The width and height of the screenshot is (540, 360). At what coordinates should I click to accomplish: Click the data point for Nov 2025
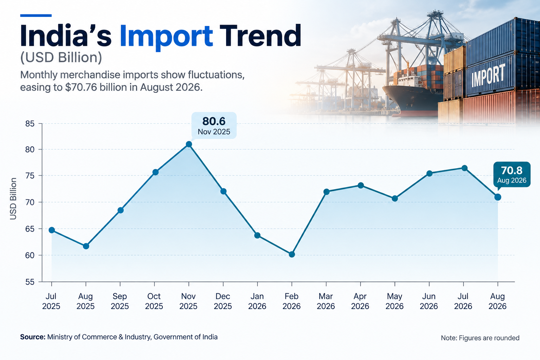point(189,144)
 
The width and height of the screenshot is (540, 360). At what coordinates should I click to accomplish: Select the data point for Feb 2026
point(292,255)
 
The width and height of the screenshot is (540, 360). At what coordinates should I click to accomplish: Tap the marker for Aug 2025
point(86,246)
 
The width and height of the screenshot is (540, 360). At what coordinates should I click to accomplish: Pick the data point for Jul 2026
point(464,168)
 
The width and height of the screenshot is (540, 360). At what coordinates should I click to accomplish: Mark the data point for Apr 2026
point(361,185)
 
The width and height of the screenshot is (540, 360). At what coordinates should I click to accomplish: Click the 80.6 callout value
point(214,121)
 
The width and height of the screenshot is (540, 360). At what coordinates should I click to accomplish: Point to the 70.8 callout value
point(512,171)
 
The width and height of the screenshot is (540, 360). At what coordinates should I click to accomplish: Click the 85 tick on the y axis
point(30,124)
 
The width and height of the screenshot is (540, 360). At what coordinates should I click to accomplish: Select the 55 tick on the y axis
point(30,282)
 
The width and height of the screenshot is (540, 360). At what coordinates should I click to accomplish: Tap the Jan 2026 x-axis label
point(257,301)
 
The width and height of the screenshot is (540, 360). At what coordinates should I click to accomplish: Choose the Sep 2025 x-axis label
point(120,301)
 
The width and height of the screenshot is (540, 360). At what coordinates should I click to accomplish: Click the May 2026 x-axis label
point(395,301)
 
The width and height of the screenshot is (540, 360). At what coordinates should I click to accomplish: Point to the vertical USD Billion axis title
point(13,199)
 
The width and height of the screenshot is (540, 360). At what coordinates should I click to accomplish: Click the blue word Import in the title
point(166,36)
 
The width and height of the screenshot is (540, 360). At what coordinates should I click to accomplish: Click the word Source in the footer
point(33,337)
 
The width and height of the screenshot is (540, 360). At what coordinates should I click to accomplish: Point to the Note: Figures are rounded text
point(480,338)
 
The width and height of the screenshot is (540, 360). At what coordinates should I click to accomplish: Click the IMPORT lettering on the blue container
point(488,76)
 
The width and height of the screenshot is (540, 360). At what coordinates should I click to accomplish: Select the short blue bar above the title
point(36,16)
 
